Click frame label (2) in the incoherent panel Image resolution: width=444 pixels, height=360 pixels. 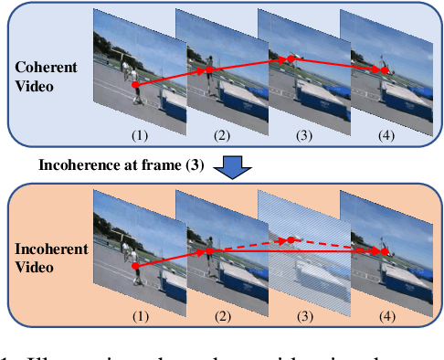220,316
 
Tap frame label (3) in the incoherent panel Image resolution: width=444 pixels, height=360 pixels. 302,316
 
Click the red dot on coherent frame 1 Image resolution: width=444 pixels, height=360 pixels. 135,85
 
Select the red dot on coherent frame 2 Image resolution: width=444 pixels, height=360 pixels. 209,69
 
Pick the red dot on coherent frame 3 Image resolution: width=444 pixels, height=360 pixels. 291,59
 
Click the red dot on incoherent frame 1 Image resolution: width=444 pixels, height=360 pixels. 135,267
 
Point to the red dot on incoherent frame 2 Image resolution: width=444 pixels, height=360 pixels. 209,250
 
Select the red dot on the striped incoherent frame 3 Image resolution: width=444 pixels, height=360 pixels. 291,240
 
